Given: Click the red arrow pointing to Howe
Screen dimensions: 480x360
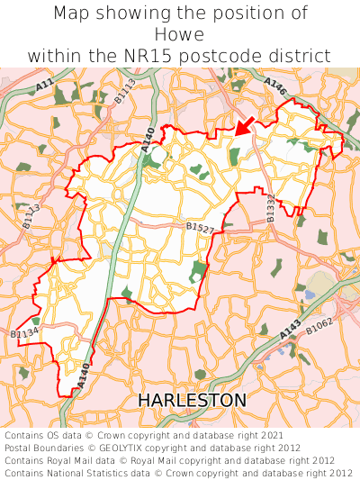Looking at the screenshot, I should click(x=242, y=126).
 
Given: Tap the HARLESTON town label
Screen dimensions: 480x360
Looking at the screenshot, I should click(x=192, y=399).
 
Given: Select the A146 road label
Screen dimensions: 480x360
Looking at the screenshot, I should click(x=275, y=88).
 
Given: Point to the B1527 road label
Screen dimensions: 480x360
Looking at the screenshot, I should click(x=200, y=230).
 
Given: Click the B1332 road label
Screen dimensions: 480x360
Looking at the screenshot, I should click(x=270, y=207).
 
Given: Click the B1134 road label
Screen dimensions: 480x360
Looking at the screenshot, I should click(x=24, y=333).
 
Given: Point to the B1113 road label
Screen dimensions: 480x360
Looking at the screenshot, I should click(x=125, y=92).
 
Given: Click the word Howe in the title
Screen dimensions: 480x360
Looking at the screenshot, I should click(x=180, y=34).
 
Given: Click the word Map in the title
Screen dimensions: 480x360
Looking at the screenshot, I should click(x=72, y=14).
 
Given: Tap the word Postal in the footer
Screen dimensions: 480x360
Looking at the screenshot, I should click(x=21, y=448).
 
